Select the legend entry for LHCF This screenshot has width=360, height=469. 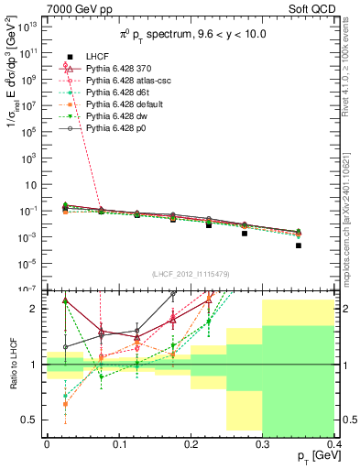point(97,56)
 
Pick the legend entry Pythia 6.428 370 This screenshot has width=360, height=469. point(116,69)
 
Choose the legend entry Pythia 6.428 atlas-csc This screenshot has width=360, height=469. point(124,81)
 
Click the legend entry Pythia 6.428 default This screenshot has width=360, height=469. point(122,105)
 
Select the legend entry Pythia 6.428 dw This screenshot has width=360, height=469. point(114,118)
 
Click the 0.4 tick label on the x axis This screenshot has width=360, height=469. point(333,444)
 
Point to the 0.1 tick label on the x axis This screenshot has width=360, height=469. point(118,444)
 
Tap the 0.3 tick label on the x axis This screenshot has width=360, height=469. point(262,444)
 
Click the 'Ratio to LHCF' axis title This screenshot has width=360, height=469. point(13,365)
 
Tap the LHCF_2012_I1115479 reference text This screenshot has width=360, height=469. point(191,274)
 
